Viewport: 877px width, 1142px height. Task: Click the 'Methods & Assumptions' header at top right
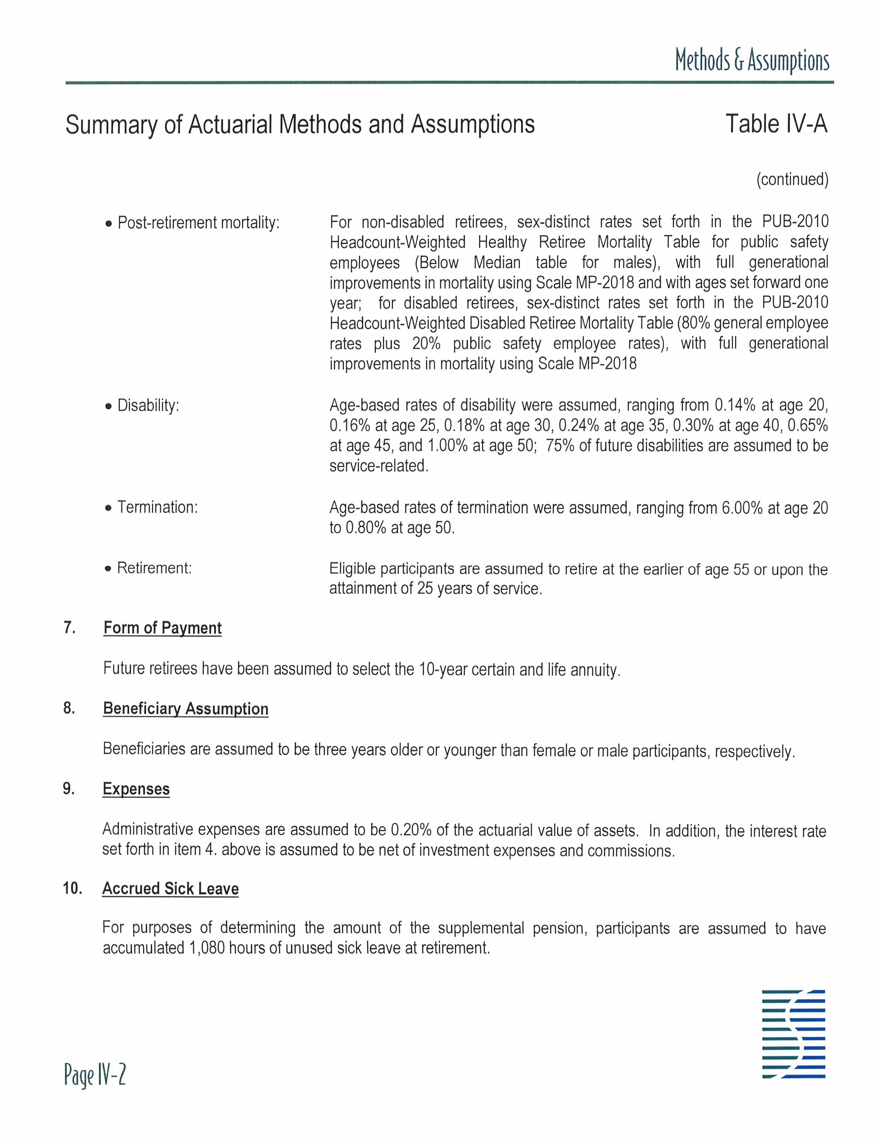point(752,60)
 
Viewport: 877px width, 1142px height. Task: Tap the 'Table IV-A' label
point(776,124)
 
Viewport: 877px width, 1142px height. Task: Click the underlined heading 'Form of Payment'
point(162,627)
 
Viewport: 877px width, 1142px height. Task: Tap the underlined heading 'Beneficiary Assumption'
point(185,708)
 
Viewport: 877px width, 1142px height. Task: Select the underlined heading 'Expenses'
point(136,789)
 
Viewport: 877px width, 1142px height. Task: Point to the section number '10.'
point(73,888)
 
